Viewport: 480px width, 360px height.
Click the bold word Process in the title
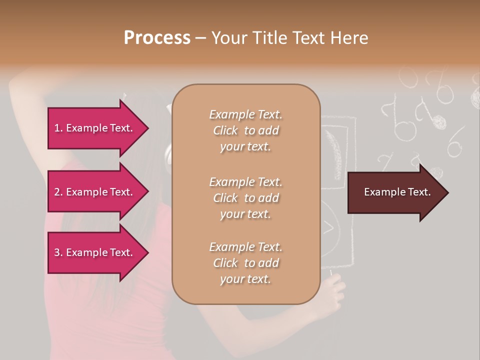157,38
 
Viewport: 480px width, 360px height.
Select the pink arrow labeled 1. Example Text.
95,128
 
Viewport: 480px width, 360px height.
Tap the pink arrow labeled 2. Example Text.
95,192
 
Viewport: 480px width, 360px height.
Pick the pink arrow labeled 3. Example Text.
95,252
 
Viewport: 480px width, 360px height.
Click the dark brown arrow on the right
395,192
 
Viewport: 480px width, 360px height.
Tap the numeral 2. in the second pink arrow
58,192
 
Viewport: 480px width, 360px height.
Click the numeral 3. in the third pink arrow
58,252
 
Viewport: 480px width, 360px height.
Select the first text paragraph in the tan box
245,130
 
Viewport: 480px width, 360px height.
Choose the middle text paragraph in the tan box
245,198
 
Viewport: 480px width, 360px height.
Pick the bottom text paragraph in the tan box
245,263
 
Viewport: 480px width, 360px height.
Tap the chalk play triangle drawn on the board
328,227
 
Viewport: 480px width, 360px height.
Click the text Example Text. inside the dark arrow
397,192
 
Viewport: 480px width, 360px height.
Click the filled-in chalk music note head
439,121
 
